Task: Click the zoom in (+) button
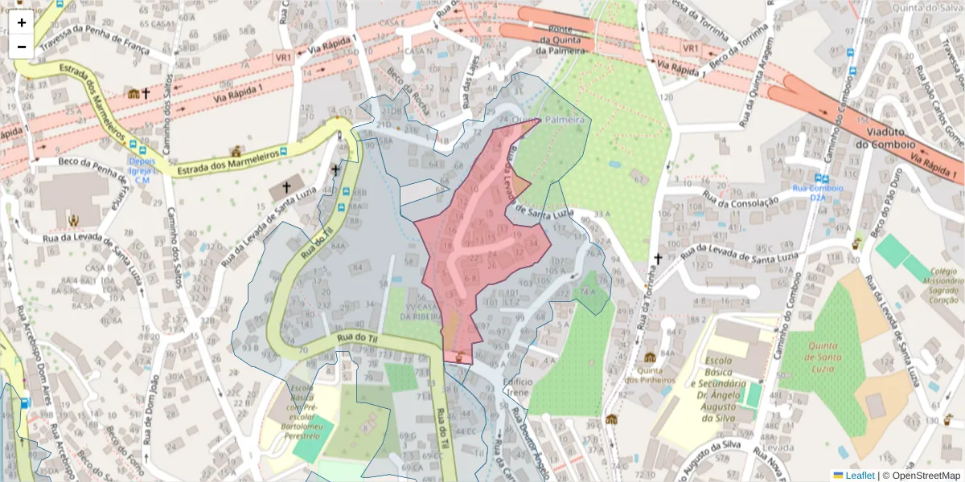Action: tap(22, 22)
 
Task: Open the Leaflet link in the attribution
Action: tap(860, 476)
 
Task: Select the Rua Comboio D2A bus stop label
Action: tap(819, 193)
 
